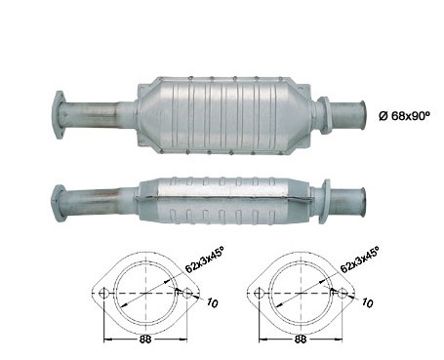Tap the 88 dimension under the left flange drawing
point(145,340)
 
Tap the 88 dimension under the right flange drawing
point(301,340)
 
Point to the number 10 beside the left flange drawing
point(212,303)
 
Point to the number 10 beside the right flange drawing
point(367,303)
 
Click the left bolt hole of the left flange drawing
point(103,294)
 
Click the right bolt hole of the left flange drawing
point(187,294)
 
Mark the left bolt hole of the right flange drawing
point(259,294)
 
